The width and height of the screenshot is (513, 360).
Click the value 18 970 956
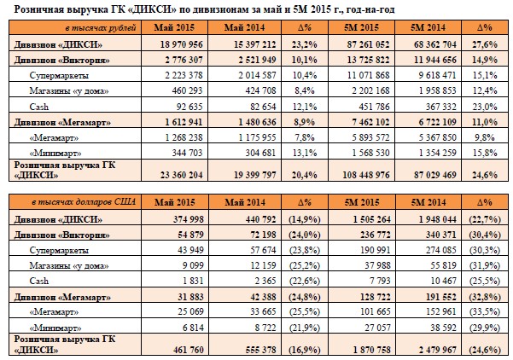pos(181,44)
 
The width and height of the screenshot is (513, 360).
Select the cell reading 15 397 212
pos(254,44)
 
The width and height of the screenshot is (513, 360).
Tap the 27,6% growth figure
pos(485,44)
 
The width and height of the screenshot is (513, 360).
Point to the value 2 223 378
pos(184,75)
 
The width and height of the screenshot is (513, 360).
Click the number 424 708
pos(260,90)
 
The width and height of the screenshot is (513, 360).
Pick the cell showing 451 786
pos(374,107)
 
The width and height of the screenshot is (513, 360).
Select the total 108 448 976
pos(366,175)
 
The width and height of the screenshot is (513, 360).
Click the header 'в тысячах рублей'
pos(101,28)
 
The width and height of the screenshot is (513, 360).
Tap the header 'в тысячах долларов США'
pos(84,202)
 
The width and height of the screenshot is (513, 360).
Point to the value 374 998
pos(188,219)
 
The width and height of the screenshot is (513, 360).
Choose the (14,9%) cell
pos(304,219)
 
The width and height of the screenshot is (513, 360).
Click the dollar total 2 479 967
pos(437,350)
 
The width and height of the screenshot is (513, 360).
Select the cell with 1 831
pos(193,281)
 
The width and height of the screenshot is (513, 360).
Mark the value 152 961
pos(441,311)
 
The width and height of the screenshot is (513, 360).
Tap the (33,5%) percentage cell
pos(485,311)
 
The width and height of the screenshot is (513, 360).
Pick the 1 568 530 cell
pos(370,153)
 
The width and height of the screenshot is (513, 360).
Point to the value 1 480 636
pos(257,122)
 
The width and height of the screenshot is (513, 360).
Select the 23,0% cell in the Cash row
pos(485,107)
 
